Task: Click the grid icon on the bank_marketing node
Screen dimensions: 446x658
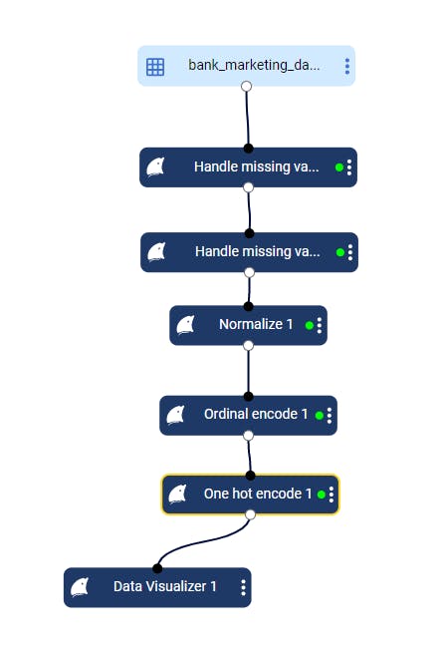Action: pyautogui.click(x=155, y=67)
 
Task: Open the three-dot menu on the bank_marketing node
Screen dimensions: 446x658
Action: pyautogui.click(x=347, y=67)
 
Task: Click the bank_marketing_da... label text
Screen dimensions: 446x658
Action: pyautogui.click(x=254, y=66)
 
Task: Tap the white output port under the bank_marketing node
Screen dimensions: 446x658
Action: pyautogui.click(x=247, y=87)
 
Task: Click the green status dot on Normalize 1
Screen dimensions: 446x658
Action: pyautogui.click(x=310, y=325)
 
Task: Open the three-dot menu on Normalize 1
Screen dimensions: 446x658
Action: pyautogui.click(x=320, y=325)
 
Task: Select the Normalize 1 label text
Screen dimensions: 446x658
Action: pyautogui.click(x=256, y=324)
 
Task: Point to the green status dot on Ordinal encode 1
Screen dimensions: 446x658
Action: pyautogui.click(x=319, y=415)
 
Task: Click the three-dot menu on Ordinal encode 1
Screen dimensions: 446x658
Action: pyautogui.click(x=330, y=416)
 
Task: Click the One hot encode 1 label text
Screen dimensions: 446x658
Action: pyautogui.click(x=258, y=493)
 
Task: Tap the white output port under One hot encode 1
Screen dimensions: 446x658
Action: pyautogui.click(x=250, y=514)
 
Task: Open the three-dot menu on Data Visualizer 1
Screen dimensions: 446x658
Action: pyautogui.click(x=243, y=587)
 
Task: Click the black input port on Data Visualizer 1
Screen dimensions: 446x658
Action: pyautogui.click(x=157, y=568)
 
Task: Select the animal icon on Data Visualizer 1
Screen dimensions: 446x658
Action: pyautogui.click(x=80, y=587)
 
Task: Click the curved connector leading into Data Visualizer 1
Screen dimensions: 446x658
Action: pyautogui.click(x=201, y=541)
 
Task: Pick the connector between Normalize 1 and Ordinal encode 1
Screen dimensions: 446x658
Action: pyautogui.click(x=248, y=371)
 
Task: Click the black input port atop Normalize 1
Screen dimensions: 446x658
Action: pyautogui.click(x=248, y=306)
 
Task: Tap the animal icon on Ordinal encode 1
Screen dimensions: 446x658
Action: pyautogui.click(x=175, y=415)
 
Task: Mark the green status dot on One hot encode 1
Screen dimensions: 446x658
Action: pyautogui.click(x=322, y=494)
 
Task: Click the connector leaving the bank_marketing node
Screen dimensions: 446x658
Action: pyautogui.click(x=247, y=118)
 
